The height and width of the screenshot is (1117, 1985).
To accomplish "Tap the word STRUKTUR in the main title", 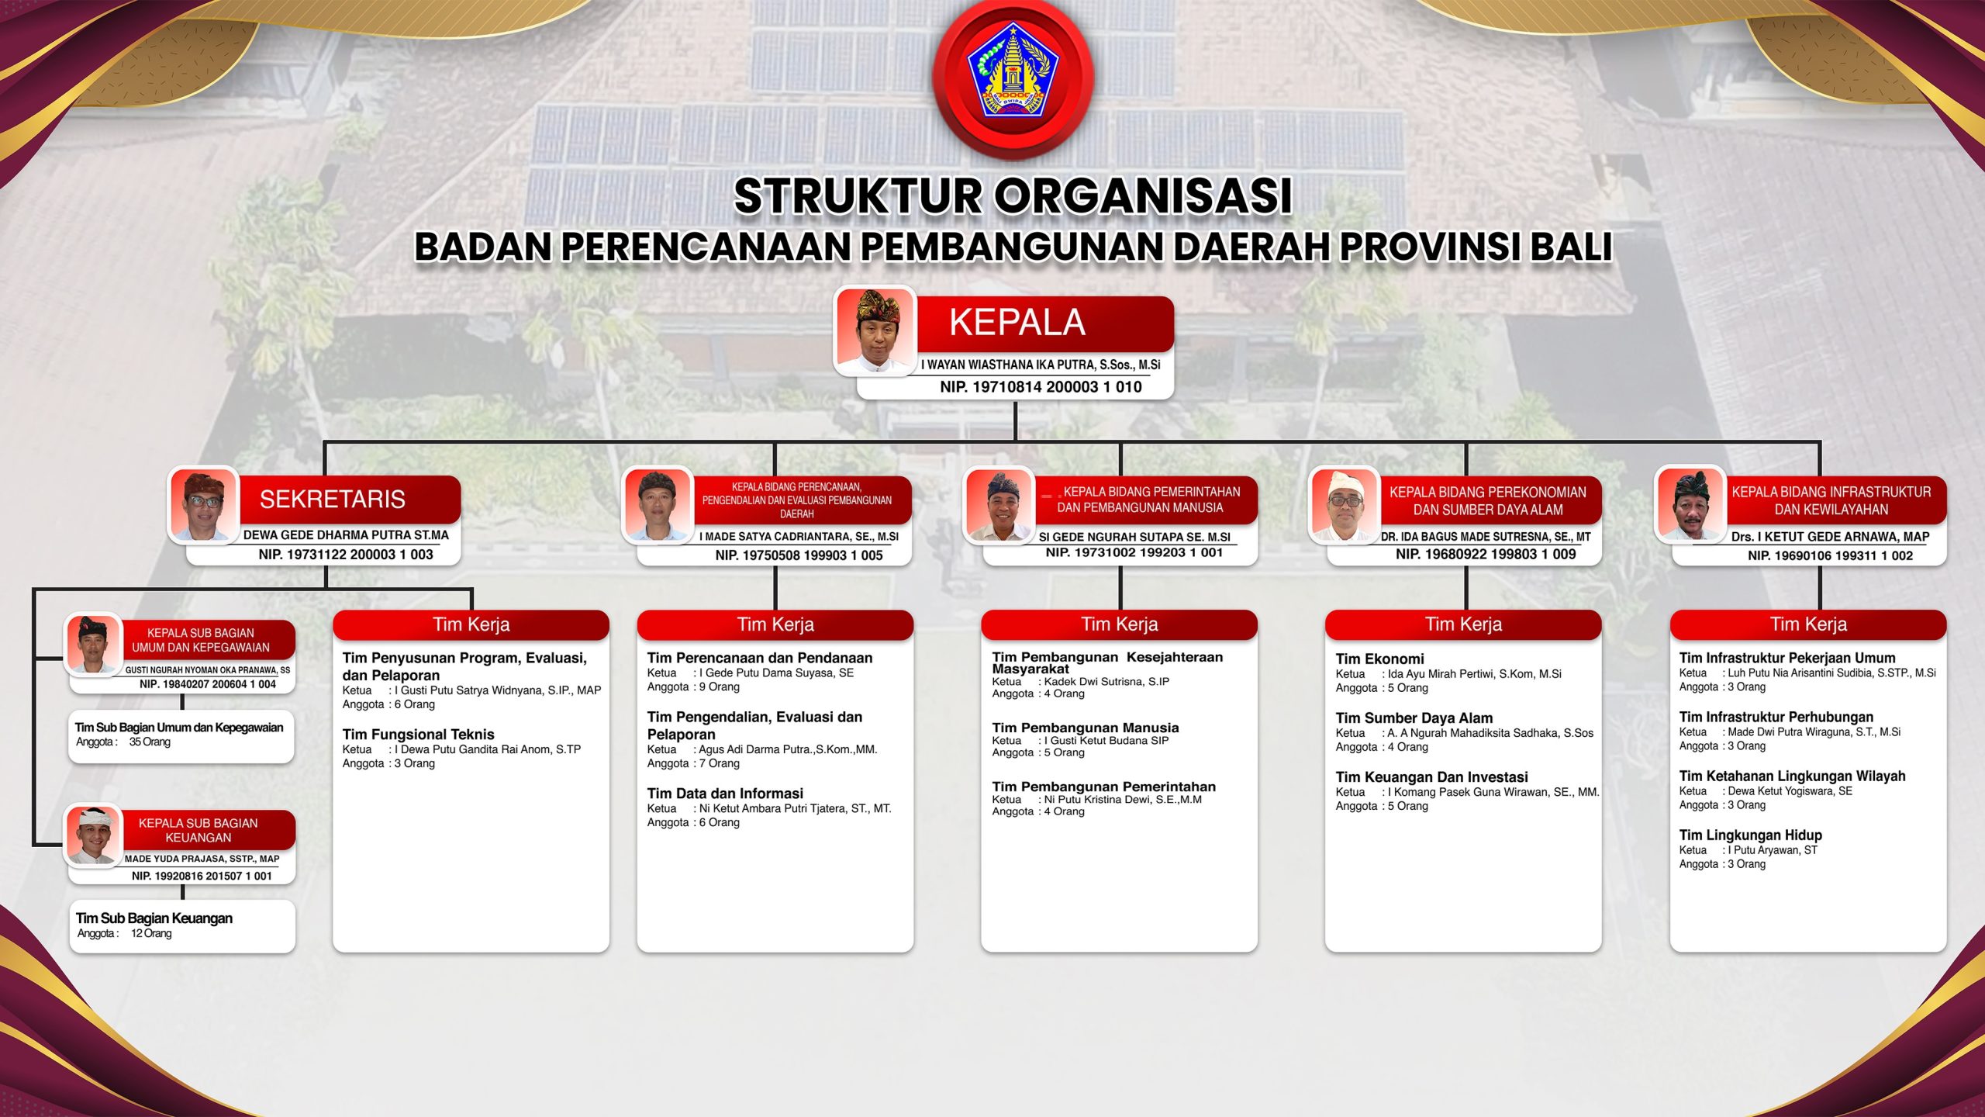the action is click(858, 195).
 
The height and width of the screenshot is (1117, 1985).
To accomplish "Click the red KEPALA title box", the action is click(1044, 323).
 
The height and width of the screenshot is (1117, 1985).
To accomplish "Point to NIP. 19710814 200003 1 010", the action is click(1041, 387).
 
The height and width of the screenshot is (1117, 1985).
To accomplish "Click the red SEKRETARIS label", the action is click(349, 499).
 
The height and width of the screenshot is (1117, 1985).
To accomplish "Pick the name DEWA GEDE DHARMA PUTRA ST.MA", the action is click(346, 535).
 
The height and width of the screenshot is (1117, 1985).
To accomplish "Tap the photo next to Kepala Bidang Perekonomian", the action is click(1345, 505).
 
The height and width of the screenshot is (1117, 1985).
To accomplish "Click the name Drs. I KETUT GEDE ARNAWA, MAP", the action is click(1830, 537).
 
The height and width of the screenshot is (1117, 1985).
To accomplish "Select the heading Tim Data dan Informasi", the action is click(725, 794).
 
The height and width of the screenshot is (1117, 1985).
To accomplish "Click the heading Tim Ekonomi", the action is click(1379, 659).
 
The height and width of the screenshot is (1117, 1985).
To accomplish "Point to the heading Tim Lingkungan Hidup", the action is click(1750, 835).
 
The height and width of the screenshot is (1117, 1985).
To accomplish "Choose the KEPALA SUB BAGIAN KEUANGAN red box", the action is click(209, 830).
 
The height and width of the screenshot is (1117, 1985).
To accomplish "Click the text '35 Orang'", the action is click(150, 742).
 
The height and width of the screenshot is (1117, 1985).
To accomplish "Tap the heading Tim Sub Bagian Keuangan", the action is click(154, 918).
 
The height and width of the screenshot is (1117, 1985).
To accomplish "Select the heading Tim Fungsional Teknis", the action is click(418, 735).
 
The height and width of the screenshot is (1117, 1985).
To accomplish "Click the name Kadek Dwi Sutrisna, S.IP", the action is click(1106, 682).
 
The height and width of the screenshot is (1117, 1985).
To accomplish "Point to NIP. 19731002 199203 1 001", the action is click(1134, 552).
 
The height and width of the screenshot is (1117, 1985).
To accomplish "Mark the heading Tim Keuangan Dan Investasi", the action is click(1431, 777).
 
